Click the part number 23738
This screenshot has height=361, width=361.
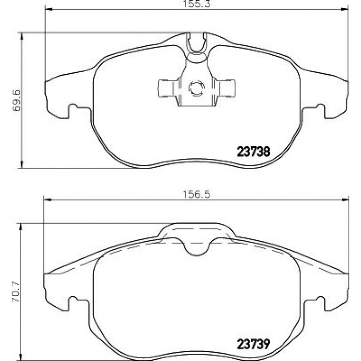click(253, 152)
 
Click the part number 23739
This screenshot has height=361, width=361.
click(253, 344)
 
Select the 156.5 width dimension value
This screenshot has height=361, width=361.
click(196, 195)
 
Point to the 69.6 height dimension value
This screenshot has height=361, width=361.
click(17, 100)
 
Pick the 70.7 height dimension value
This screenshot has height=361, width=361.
click(17, 291)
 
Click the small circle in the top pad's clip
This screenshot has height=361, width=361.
click(196, 88)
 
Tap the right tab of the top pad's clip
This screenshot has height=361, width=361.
click(225, 88)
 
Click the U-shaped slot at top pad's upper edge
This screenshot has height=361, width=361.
click(196, 43)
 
